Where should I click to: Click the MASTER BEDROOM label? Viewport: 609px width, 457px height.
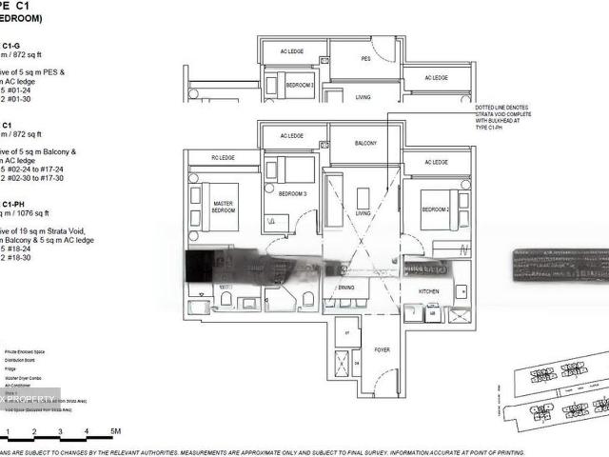[225, 207]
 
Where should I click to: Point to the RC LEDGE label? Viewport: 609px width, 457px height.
[223, 158]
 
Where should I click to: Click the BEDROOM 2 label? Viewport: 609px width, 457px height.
[436, 209]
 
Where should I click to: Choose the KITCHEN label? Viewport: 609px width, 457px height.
[429, 290]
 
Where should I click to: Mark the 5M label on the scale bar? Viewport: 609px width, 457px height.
[114, 431]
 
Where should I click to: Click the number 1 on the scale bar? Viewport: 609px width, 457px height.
[8, 431]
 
